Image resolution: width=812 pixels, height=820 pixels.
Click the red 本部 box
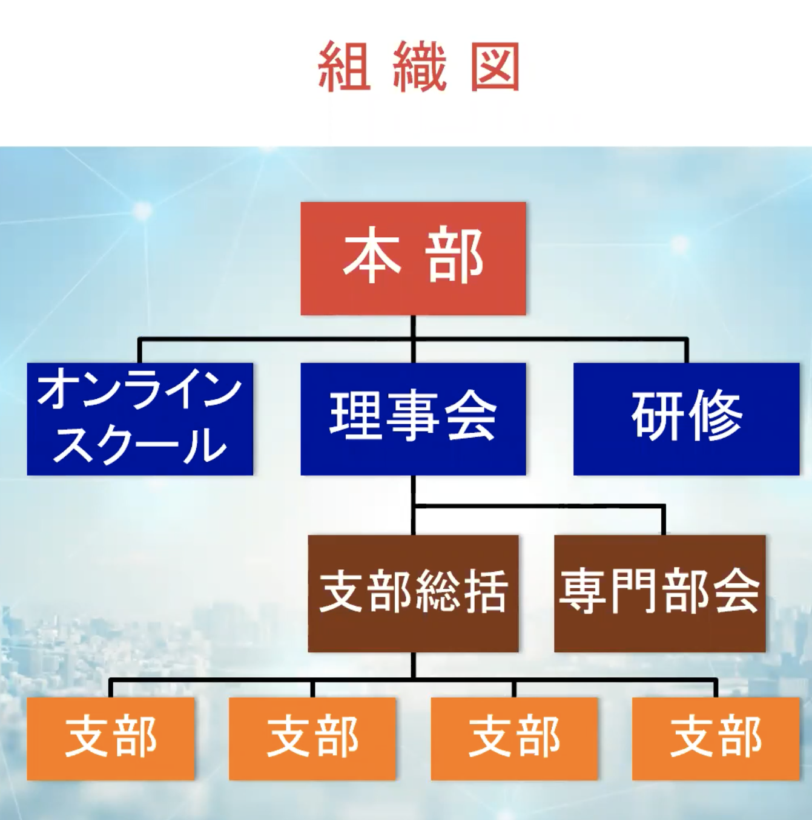tap(413, 258)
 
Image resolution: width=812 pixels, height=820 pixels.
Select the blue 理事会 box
tap(413, 418)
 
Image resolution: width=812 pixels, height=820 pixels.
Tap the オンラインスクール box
tap(140, 418)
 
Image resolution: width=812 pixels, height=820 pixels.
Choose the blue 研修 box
tap(686, 418)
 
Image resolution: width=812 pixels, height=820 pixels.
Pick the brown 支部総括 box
tap(413, 592)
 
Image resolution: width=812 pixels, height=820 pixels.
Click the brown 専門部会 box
tap(659, 592)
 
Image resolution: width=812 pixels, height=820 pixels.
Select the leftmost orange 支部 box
tap(111, 738)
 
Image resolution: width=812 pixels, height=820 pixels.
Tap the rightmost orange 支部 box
tap(716, 738)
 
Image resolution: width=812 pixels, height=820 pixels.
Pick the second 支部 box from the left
tap(312, 738)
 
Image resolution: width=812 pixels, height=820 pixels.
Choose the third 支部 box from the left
tap(514, 738)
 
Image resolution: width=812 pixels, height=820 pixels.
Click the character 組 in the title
tap(344, 67)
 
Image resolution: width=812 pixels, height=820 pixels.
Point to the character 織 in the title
tap(420, 67)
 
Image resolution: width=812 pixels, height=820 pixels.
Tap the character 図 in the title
tap(495, 67)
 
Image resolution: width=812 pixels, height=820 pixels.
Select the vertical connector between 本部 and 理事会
tap(413, 339)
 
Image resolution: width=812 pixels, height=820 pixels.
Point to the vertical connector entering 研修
tap(686, 351)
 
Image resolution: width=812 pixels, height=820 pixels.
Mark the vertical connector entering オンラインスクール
tap(139, 351)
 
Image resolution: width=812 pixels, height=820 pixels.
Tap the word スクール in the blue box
tap(140, 446)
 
